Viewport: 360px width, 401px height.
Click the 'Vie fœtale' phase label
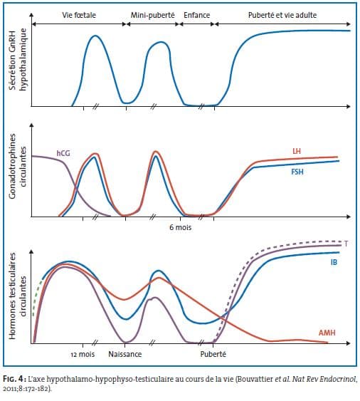click(x=79, y=15)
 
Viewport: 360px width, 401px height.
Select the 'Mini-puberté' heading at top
click(x=152, y=15)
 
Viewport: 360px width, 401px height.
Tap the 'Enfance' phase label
click(x=197, y=15)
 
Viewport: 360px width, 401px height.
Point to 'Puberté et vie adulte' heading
click(x=282, y=15)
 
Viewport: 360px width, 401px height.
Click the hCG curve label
click(x=63, y=153)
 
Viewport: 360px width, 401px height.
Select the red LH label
click(x=297, y=151)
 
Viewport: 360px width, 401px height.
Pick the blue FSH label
click(x=297, y=172)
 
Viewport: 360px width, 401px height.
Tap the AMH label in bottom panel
click(x=327, y=333)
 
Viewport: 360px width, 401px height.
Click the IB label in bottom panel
click(x=334, y=262)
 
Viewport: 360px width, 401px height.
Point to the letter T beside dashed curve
click(x=346, y=244)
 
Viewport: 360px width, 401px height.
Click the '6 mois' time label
click(x=181, y=227)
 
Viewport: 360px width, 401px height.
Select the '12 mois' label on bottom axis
click(x=83, y=354)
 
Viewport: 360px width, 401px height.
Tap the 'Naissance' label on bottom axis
click(x=125, y=354)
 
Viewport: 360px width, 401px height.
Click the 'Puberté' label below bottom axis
click(x=213, y=354)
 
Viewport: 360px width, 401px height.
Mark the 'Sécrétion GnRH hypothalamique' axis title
click(x=18, y=59)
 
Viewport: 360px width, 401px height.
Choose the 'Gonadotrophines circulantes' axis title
click(x=18, y=166)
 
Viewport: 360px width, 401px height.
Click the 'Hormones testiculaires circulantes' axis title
click(x=18, y=296)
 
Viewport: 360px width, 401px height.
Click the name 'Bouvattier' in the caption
click(x=255, y=379)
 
